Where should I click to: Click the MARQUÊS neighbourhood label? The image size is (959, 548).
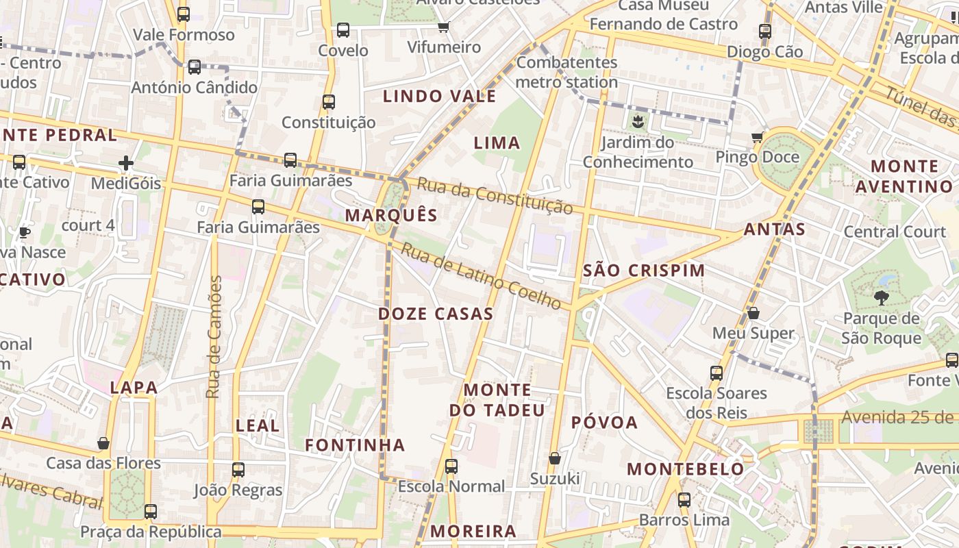[x=391, y=215]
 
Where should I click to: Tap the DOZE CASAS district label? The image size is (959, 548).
[x=436, y=314]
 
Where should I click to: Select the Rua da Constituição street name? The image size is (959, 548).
[x=494, y=196]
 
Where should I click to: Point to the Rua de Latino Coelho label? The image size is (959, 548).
[x=480, y=275]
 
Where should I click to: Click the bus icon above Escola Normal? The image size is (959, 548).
[x=451, y=466]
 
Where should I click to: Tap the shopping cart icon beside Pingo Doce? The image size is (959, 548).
[x=757, y=137]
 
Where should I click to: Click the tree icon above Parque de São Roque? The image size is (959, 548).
[x=881, y=297]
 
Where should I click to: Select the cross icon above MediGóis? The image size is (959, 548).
[x=125, y=163]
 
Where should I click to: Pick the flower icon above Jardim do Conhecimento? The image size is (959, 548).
[x=638, y=123]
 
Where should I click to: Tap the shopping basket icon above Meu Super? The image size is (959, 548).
[x=754, y=313]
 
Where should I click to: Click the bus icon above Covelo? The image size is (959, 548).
[x=343, y=30]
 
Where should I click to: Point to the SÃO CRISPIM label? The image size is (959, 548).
[x=644, y=271]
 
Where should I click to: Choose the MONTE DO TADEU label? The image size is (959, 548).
[x=497, y=400]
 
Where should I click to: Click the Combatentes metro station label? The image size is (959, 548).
[x=566, y=72]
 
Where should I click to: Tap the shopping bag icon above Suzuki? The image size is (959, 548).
[x=555, y=458]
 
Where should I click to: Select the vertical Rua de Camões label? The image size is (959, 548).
[x=214, y=336]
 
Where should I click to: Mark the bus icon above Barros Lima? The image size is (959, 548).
[x=684, y=500]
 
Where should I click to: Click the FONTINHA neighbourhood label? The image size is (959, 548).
[x=355, y=445]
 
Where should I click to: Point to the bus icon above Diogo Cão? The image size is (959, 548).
[x=765, y=31]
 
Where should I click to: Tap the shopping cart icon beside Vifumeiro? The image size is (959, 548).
[x=443, y=27]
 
